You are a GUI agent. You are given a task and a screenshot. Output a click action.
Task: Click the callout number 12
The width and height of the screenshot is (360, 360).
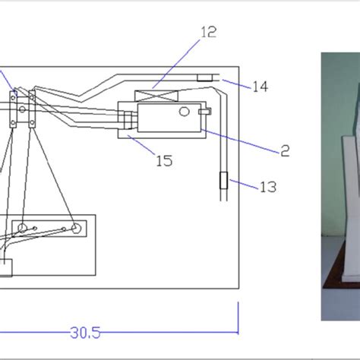click(209, 32)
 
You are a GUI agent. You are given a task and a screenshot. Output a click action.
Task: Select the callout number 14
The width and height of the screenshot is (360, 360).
click(261, 87)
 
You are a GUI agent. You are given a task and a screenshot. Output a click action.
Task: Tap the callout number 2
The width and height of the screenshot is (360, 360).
click(285, 151)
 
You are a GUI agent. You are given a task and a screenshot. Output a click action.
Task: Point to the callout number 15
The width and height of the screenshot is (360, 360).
click(165, 160)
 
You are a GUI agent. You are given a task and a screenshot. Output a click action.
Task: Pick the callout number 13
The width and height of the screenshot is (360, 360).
click(268, 187)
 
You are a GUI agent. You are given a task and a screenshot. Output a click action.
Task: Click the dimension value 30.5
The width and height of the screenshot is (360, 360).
click(85, 333)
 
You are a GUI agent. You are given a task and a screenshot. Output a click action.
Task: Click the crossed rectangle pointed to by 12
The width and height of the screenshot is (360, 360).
click(156, 96)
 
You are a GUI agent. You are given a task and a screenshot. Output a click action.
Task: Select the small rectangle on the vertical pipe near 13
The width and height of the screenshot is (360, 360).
click(223, 180)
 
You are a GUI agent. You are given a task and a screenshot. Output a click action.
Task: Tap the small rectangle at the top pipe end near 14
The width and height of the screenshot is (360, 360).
click(205, 77)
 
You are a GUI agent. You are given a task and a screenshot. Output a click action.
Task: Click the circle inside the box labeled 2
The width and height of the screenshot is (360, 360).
click(184, 112)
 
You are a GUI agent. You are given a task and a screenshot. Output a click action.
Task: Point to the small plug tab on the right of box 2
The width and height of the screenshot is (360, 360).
click(205, 111)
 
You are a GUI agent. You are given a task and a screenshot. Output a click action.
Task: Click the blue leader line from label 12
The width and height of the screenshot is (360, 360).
click(175, 64)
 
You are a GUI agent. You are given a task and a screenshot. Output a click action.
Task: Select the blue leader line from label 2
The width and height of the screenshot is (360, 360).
click(241, 141)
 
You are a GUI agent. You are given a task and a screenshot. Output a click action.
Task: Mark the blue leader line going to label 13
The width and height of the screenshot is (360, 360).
click(244, 184)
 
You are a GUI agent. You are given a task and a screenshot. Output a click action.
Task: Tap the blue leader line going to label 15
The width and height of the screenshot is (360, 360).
click(141, 144)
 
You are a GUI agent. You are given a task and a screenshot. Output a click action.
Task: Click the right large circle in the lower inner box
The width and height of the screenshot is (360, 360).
click(76, 229)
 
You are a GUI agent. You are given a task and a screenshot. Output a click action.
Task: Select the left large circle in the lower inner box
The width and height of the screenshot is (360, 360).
click(22, 228)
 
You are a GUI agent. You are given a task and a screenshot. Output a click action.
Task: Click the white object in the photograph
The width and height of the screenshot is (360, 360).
click(351, 182)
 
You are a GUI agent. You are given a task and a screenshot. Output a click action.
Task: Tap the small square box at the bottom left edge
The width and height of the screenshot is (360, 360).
click(5, 267)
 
